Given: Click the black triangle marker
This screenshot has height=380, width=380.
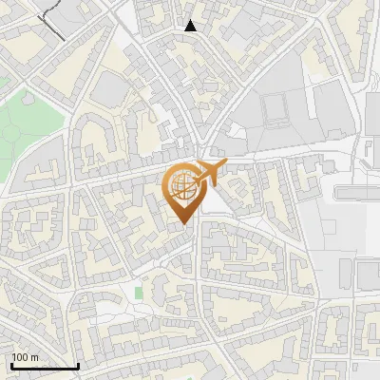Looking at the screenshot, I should [x=191, y=26].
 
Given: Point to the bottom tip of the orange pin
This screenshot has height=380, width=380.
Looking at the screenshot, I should [x=182, y=224].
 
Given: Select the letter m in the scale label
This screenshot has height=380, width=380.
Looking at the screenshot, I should [x=34, y=358].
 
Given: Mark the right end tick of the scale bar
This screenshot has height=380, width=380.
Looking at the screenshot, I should [x=78, y=366].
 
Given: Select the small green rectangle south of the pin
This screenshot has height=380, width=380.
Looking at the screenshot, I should [x=139, y=292].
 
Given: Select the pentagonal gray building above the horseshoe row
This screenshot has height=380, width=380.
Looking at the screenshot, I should [x=109, y=90].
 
